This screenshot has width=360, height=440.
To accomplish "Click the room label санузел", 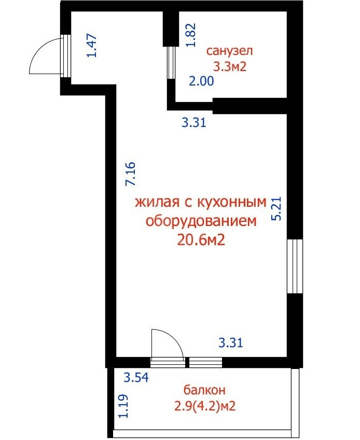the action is coord(229,51).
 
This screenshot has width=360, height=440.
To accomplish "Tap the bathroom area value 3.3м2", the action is coord(230,67).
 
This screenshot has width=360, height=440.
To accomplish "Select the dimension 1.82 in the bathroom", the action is coord(191,35).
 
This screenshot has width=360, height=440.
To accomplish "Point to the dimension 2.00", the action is coord(201,81).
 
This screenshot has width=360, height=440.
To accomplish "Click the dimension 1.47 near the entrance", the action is coord(92,46).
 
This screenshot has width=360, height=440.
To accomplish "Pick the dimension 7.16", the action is coord(131,174).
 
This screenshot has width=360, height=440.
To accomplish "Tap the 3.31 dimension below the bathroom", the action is coord(194,123).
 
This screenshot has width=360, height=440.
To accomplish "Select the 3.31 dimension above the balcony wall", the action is coord(231,343).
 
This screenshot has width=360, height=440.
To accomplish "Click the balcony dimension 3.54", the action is coord(136,377).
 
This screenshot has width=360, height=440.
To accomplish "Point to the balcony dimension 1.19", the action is coord(123,406).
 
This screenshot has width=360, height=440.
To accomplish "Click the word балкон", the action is coord(204,390).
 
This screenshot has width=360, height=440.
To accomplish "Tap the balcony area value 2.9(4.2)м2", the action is coord(205,406).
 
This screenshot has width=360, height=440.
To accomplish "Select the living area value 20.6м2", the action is coord(201,240).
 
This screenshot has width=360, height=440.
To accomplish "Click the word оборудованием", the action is coord(201,221).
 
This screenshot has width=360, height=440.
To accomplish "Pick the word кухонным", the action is coord(232,202).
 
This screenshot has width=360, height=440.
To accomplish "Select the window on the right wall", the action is coord(295,266).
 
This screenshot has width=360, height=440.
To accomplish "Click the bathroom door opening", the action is coord(171,63).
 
